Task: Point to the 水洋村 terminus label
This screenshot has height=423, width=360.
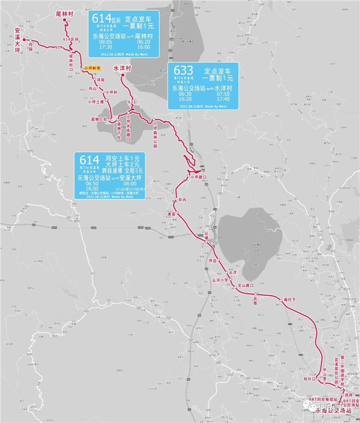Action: pos(122,68)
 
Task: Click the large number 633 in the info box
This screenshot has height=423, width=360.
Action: pos(183,71)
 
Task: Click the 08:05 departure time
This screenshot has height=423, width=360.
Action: pos(105,41)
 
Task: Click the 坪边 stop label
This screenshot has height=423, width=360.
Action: pos(211,261)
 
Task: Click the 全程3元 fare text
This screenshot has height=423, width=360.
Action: pos(134,170)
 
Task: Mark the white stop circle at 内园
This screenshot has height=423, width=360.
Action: pos(31,44)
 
